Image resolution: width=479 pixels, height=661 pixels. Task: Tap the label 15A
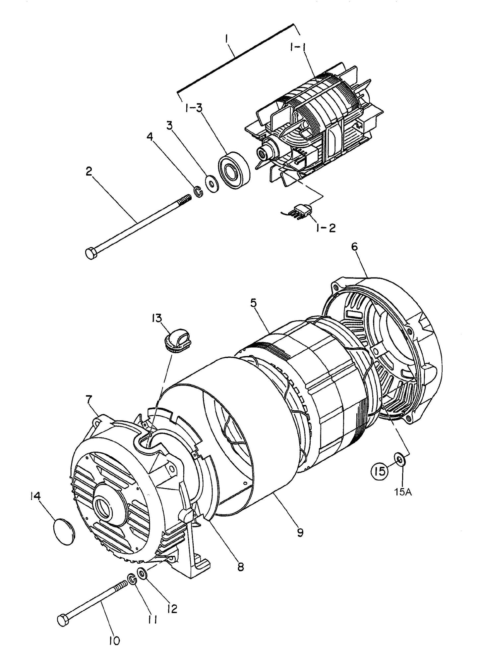[403, 492]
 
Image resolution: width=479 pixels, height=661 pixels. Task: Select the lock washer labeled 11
[131, 579]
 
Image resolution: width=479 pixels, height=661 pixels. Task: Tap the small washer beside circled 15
[400, 460]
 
